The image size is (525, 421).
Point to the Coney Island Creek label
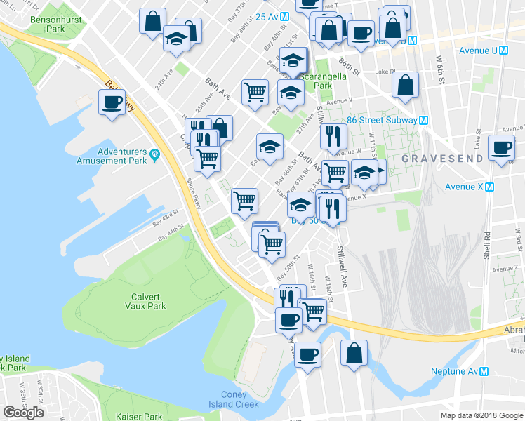click(x=234, y=399)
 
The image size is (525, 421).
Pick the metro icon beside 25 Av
click(x=284, y=16)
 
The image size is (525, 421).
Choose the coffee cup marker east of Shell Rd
click(x=501, y=148)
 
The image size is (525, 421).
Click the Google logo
click(x=23, y=413)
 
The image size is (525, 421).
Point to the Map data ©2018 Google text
click(x=481, y=415)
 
